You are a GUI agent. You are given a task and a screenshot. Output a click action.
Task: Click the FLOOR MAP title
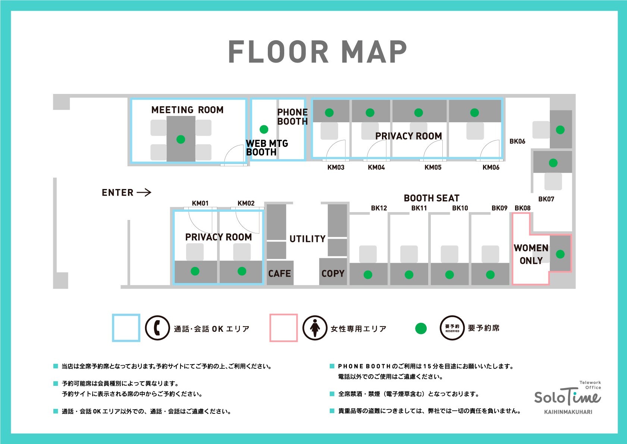317,52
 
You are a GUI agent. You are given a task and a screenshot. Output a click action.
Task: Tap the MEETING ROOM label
187,110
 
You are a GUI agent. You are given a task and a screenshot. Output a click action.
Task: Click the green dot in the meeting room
181,139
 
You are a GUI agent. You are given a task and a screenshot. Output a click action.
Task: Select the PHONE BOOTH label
292,117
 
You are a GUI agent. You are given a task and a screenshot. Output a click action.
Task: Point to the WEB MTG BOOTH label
266,148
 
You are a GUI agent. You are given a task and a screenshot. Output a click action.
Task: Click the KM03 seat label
336,167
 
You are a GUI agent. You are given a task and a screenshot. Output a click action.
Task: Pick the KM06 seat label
491,167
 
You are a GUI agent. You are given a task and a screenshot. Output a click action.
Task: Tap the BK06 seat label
517,141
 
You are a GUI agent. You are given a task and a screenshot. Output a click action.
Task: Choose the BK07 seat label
546,199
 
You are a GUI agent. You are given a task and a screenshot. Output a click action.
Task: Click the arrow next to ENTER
144,192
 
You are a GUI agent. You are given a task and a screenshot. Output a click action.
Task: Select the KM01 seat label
200,203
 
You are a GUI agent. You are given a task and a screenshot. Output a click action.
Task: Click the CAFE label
279,274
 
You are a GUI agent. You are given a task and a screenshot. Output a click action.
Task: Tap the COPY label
333,274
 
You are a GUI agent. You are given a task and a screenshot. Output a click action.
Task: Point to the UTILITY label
307,239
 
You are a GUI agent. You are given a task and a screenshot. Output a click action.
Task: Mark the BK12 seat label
379,208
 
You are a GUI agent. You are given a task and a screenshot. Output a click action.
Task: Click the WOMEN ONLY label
531,254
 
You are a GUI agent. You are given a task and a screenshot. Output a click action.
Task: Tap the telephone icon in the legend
157,328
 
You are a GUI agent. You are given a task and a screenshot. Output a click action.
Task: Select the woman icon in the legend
315,328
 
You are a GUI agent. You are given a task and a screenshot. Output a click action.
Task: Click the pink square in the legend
283,328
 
